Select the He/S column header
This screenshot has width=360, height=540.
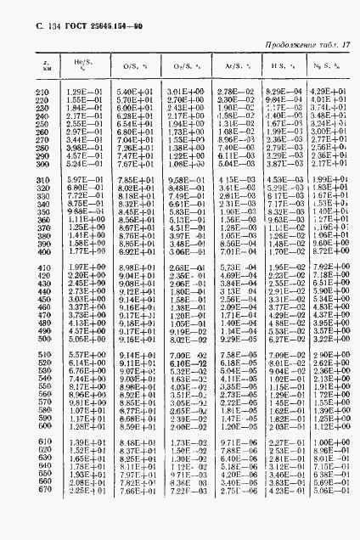[x=79, y=65]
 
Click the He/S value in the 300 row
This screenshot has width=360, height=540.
[x=79, y=163]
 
